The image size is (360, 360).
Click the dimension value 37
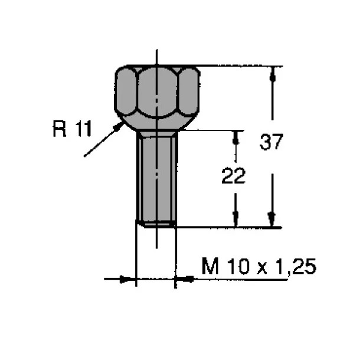[x=271, y=142]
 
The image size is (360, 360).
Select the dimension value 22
[x=234, y=175]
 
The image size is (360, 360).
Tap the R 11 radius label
[x=73, y=129]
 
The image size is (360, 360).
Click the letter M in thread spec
[x=210, y=266]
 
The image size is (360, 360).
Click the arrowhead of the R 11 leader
[x=119, y=126]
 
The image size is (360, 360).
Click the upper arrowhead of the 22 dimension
[x=235, y=138]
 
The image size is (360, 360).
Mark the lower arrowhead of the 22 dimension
[x=235, y=219]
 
